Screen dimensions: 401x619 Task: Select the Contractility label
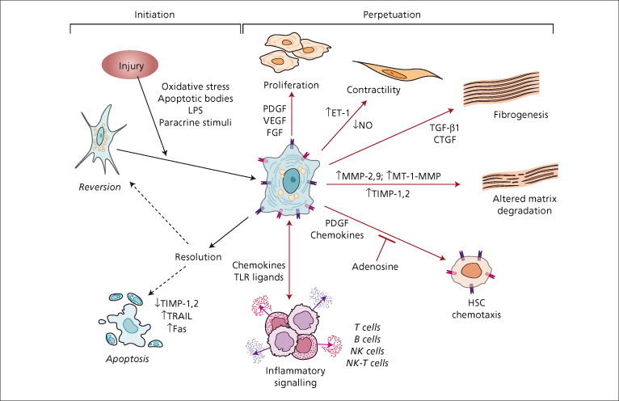(373, 91)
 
